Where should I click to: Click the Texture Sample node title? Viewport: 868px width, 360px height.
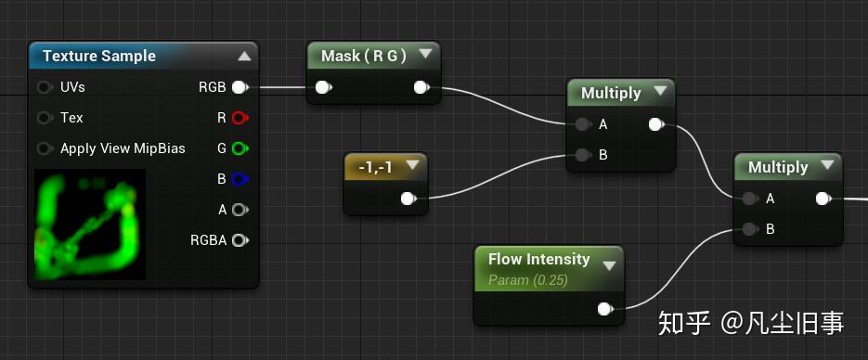click(x=99, y=57)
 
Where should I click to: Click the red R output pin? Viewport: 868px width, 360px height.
click(x=240, y=118)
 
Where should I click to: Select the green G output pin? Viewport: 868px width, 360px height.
click(x=240, y=148)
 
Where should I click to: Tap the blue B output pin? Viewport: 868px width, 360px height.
click(x=240, y=179)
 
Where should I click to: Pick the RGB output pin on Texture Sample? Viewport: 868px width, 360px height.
click(x=240, y=87)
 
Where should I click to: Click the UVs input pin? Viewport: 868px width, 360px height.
click(x=45, y=87)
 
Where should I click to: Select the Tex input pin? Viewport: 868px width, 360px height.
click(x=45, y=118)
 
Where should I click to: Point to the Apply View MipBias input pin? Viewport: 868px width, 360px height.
click(x=45, y=148)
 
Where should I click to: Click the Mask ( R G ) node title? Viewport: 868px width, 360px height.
click(x=364, y=57)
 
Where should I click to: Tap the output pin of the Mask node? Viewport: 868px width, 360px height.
click(x=421, y=88)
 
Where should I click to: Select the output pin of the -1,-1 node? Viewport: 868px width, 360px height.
click(x=408, y=199)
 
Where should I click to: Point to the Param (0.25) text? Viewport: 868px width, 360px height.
click(x=528, y=279)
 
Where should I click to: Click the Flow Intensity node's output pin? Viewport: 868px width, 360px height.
click(x=605, y=309)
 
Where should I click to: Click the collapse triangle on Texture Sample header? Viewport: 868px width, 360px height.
click(x=244, y=56)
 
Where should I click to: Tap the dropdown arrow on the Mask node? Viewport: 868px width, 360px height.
click(x=424, y=55)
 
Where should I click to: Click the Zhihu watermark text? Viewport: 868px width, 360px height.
click(x=751, y=322)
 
